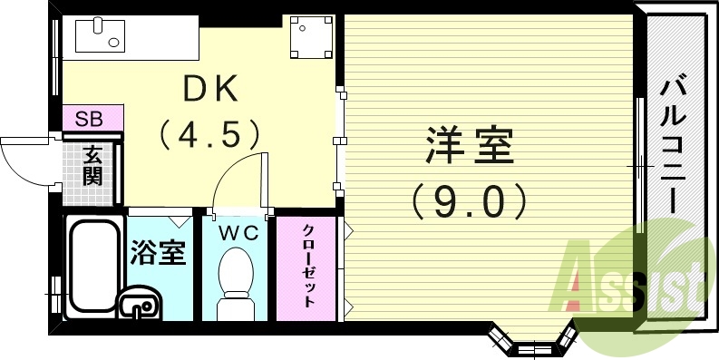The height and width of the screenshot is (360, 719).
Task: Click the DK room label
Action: click(209, 90)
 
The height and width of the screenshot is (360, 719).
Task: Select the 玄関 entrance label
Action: click(92, 165)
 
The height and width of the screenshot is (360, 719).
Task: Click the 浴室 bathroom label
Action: click(159, 251)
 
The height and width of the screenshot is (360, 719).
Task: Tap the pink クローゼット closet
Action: click(308, 267)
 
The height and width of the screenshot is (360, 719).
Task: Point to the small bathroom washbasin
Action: click(139, 305)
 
